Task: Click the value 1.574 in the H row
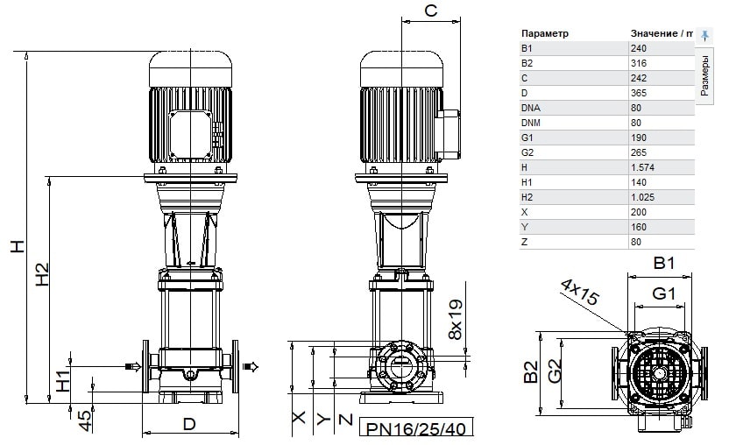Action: click(642, 167)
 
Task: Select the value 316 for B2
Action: click(639, 63)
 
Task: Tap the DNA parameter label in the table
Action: click(530, 108)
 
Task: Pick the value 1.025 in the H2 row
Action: click(642, 197)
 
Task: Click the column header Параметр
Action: click(544, 33)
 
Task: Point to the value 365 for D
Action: click(639, 93)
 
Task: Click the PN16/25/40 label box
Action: click(416, 427)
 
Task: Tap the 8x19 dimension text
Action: click(456, 320)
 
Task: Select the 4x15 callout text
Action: click(580, 292)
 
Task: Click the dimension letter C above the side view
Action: click(431, 11)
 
